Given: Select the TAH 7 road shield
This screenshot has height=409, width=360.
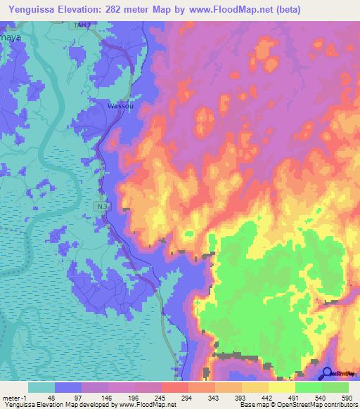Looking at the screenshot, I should pyautogui.click(x=83, y=25).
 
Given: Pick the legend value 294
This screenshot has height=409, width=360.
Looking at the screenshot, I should pyautogui.click(x=187, y=397).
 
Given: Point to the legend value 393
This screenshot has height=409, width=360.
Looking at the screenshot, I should pyautogui.click(x=240, y=397).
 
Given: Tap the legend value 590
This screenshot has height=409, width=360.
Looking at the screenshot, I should pyautogui.click(x=345, y=397).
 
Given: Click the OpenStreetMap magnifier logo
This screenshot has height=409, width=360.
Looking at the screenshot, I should pyautogui.click(x=328, y=373).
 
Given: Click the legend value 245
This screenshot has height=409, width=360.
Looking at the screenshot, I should pyautogui.click(x=160, y=397).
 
